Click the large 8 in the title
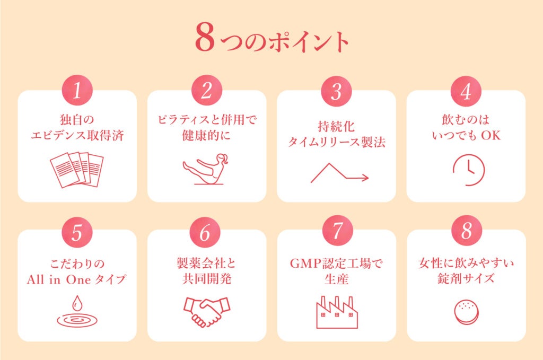click(x=205, y=38)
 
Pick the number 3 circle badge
click(x=336, y=91)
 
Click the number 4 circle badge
click(x=466, y=91)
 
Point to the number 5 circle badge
click(x=77, y=232)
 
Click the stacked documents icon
click(x=77, y=170)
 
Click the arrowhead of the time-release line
click(x=366, y=178)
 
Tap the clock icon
click(x=469, y=170)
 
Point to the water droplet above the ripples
click(x=77, y=303)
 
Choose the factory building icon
click(x=337, y=312)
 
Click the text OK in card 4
click(x=491, y=135)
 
